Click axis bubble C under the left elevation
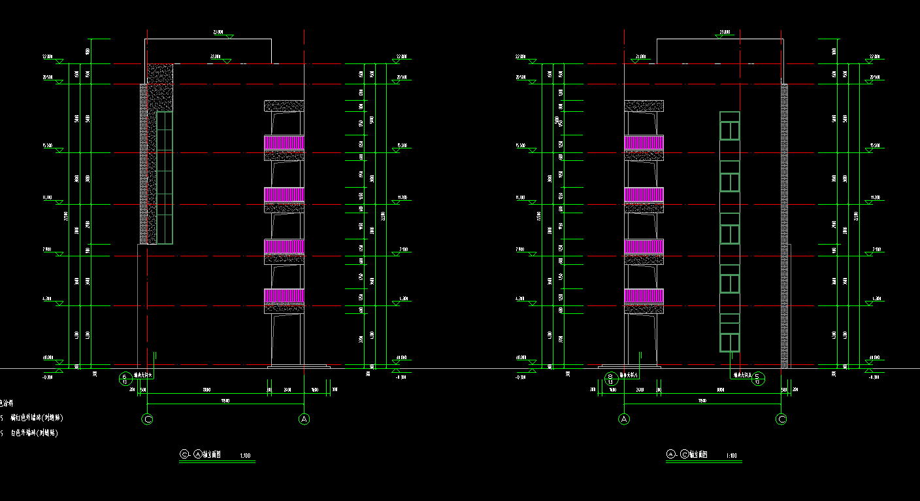coord(148,419)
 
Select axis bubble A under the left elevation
coord(303,419)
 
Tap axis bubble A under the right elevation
coord(625,419)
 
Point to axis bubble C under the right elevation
coord(781,419)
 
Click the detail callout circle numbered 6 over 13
coord(125,378)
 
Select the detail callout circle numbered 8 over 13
coord(610,378)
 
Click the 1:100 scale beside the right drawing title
coord(732,455)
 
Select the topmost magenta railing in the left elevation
coord(284,142)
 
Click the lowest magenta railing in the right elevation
coord(644,296)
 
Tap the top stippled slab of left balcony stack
coord(284,105)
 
